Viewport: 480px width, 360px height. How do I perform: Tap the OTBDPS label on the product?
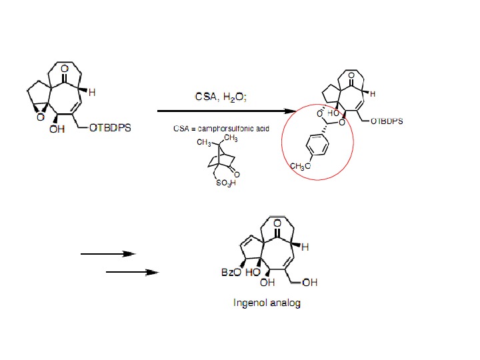[387, 121]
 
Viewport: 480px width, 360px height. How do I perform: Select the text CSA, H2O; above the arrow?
[221, 97]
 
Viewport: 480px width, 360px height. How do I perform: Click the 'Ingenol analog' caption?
[267, 303]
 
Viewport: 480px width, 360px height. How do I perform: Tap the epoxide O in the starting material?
[39, 117]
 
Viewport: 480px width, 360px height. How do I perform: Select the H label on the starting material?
[92, 93]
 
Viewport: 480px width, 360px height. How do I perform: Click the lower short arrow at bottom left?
[132, 272]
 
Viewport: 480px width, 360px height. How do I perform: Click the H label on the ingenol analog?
[305, 247]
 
